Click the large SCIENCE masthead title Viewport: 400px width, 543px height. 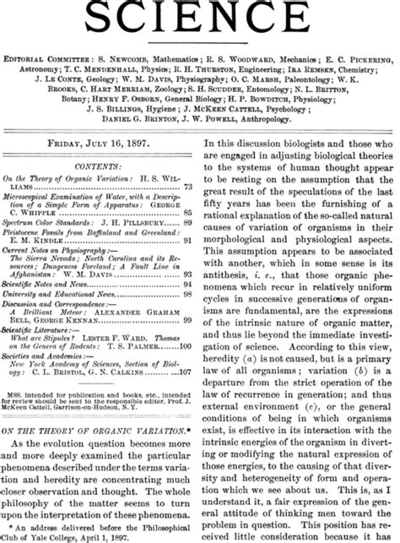coord(200,19)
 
